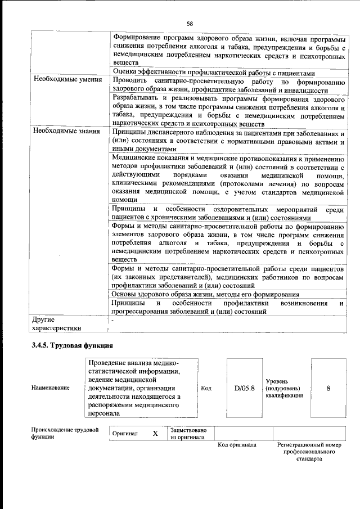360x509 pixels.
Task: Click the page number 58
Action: [x=190, y=23]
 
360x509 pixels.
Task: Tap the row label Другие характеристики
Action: [x=57, y=324]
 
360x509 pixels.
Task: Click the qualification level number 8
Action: [x=328, y=388]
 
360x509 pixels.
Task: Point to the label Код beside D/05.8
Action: [x=206, y=388]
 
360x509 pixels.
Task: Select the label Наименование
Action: [x=51, y=388]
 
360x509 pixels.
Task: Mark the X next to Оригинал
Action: [x=155, y=434]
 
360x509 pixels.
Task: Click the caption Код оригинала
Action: [x=237, y=445]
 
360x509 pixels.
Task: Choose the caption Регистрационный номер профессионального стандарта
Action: [x=309, y=452]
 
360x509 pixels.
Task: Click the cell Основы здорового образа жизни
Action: [x=205, y=294]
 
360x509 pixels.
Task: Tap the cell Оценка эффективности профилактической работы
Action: [x=218, y=72]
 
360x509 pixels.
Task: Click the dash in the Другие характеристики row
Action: [x=112, y=320]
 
